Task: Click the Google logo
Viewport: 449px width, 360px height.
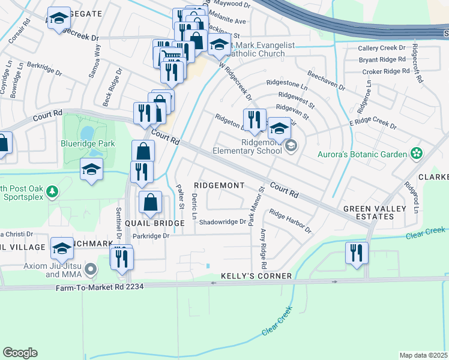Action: point(20,353)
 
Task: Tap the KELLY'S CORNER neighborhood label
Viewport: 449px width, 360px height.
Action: point(256,276)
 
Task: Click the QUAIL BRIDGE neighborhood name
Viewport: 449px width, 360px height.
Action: point(155,223)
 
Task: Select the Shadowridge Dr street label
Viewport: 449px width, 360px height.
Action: point(223,221)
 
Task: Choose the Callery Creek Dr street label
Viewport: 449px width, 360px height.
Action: point(381,47)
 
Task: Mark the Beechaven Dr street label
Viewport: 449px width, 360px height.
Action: point(326,79)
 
